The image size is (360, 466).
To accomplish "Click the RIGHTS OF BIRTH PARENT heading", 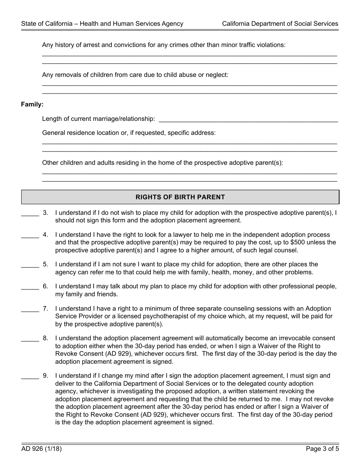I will coord(180,197).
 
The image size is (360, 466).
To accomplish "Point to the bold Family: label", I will coord(32,104).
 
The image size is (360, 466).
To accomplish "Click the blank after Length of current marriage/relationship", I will coord(248,119).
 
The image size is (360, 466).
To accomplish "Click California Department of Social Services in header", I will coord(280,23).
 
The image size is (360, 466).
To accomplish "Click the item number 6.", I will coord(45,286).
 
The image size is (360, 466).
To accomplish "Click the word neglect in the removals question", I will coord(217,75).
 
